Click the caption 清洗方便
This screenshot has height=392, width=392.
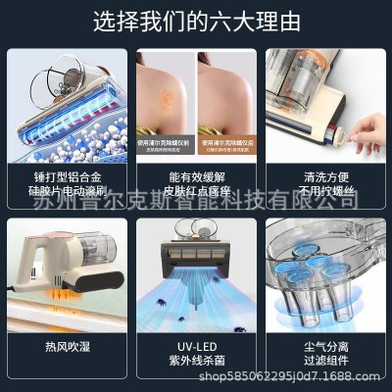(327, 177)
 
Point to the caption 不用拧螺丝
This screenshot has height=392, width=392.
(327, 193)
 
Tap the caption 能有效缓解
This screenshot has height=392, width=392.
(195, 177)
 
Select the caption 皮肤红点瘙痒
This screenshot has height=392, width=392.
(195, 193)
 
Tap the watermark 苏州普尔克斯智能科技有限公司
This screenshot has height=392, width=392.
(196, 203)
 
